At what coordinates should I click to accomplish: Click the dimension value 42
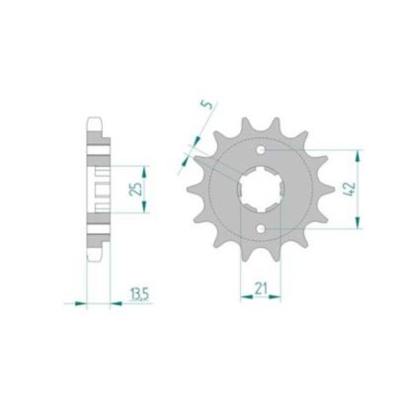[350, 189]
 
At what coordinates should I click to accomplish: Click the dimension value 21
[261, 288]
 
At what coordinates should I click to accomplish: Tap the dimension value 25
[135, 189]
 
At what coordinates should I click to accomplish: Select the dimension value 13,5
[139, 294]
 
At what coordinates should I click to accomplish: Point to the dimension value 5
[206, 105]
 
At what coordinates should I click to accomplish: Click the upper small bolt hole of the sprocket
[261, 150]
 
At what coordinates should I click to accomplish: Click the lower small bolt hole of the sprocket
[261, 228]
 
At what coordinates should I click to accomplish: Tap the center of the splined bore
[261, 190]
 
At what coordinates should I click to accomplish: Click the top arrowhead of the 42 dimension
[357, 156]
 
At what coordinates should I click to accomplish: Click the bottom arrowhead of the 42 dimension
[357, 222]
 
